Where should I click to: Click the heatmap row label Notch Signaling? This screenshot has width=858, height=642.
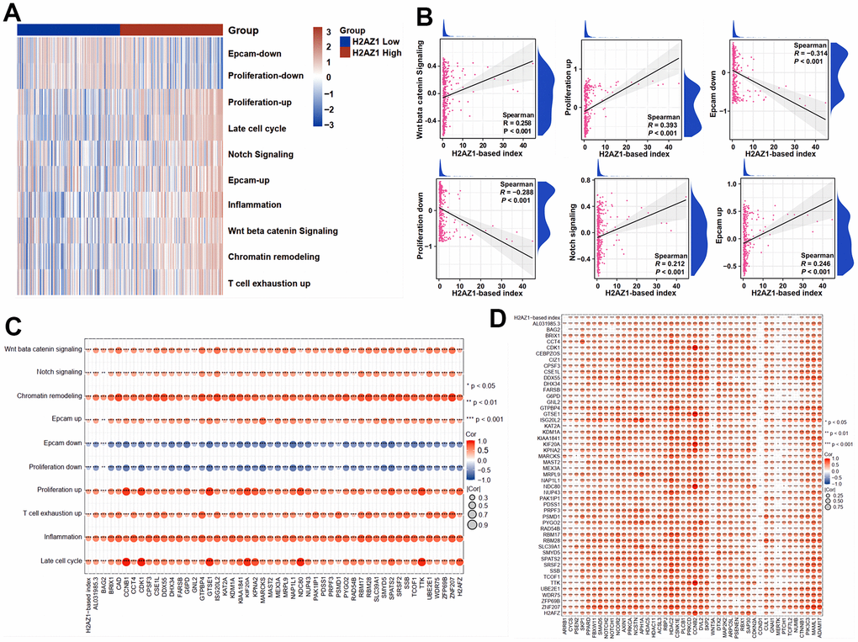[262, 155]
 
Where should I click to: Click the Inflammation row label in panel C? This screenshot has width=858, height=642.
[59, 536]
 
